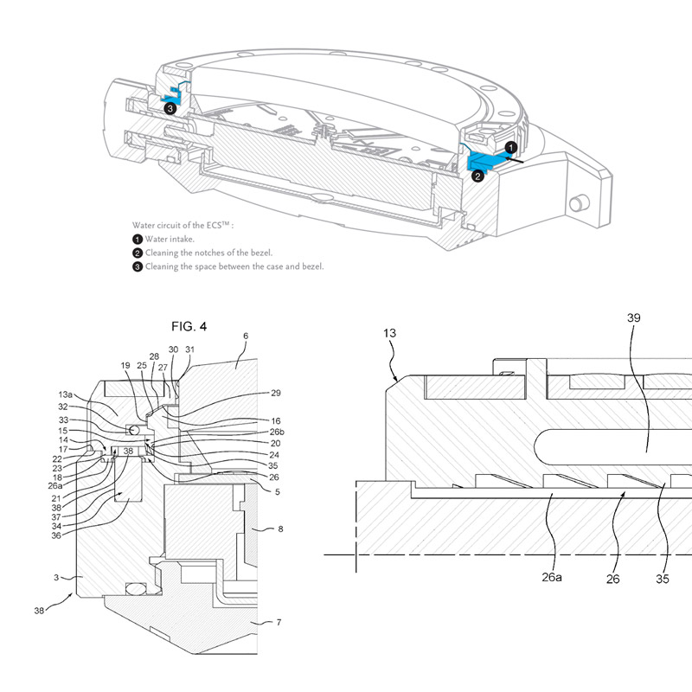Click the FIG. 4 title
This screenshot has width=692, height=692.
189,326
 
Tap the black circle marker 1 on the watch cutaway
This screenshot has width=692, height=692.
511,148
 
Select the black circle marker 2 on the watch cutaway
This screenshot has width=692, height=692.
477,175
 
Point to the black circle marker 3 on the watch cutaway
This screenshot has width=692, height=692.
170,109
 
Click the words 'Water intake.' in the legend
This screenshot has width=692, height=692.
170,239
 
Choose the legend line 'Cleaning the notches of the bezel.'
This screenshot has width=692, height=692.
208,253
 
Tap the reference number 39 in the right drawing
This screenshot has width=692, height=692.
634,317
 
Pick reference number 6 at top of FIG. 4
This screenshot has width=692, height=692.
246,336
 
